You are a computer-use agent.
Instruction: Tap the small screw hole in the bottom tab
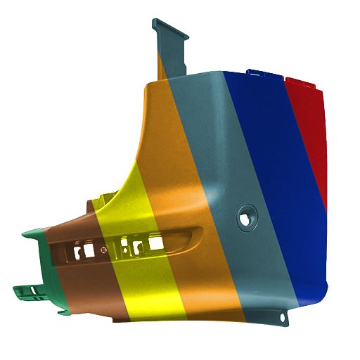(283, 318)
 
